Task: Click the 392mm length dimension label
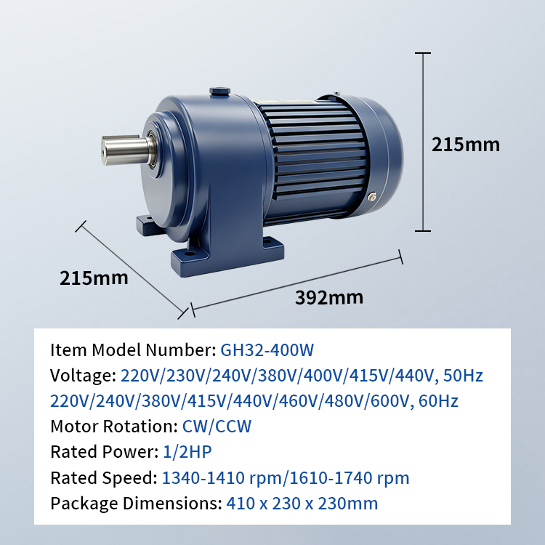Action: point(329,297)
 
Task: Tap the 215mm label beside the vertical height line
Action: point(465,145)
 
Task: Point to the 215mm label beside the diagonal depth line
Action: point(94,278)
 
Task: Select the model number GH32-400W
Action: point(267,350)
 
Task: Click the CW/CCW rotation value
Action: point(217,427)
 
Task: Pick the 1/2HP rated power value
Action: point(187,452)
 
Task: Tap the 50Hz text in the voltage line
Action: point(463,376)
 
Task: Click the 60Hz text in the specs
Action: point(438,401)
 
